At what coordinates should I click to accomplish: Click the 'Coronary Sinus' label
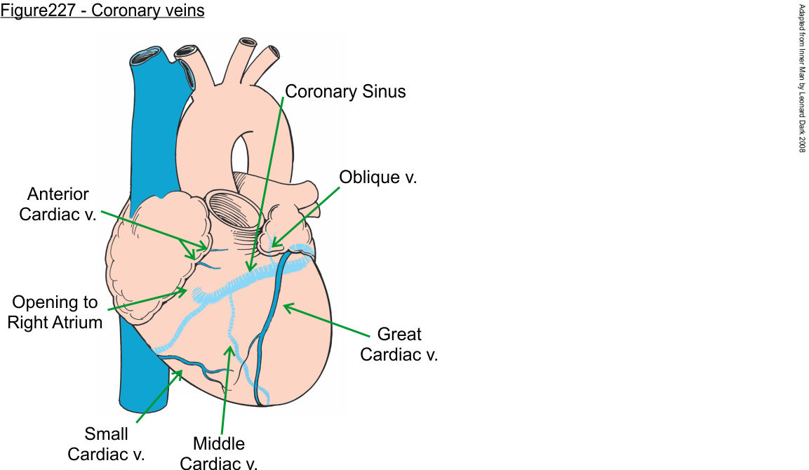click(345, 91)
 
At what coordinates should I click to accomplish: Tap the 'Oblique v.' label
click(377, 177)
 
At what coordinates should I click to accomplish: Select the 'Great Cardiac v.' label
click(399, 344)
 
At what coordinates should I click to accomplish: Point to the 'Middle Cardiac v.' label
click(219, 453)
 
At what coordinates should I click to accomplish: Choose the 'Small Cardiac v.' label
click(106, 444)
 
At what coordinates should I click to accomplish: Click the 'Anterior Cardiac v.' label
click(54, 203)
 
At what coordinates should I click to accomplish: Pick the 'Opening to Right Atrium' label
click(55, 313)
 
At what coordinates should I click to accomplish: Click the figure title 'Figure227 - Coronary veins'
click(102, 12)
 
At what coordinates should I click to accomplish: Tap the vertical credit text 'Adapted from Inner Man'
click(802, 78)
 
